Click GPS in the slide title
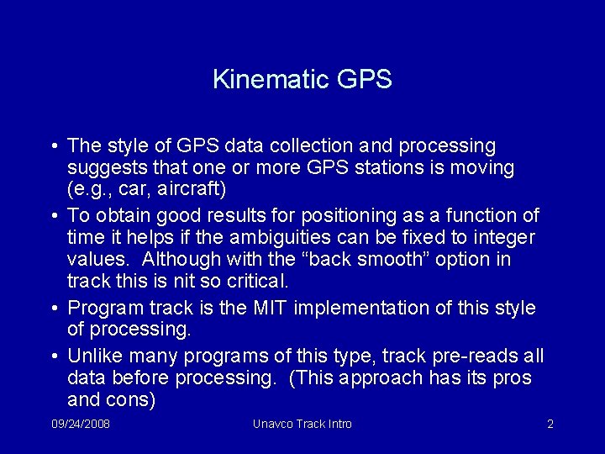(364, 80)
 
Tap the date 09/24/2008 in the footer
(81, 424)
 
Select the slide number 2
(550, 424)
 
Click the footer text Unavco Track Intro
(302, 424)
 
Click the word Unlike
(94, 356)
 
